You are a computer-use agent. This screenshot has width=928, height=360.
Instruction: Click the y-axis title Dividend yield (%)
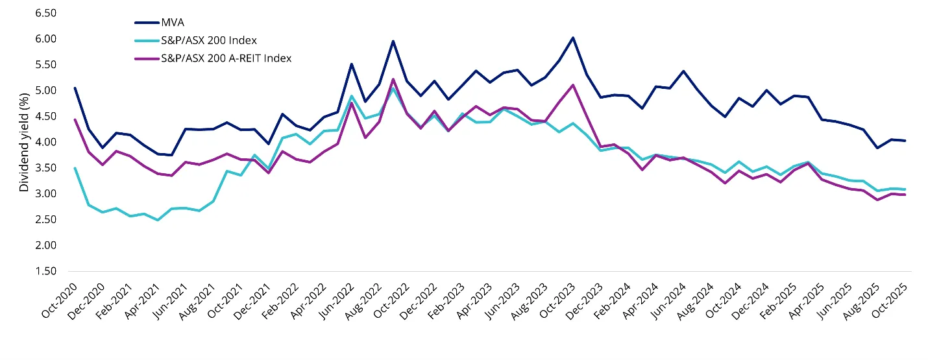(24, 142)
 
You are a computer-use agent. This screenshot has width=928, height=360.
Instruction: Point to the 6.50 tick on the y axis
(46, 13)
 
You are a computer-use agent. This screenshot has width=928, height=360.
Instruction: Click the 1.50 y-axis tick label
(46, 271)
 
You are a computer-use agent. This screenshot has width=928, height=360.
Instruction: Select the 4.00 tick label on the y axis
(46, 142)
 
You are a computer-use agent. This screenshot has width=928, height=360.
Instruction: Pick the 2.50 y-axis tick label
(46, 219)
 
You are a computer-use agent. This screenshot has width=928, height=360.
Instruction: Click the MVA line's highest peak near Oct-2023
(572, 38)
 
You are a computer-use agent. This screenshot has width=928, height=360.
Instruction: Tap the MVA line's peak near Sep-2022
(393, 41)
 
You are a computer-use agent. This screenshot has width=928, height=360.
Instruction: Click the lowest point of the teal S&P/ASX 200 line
(157, 220)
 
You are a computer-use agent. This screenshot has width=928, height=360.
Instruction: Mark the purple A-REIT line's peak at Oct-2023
(572, 85)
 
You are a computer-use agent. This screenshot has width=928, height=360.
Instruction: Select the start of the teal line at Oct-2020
(75, 168)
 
